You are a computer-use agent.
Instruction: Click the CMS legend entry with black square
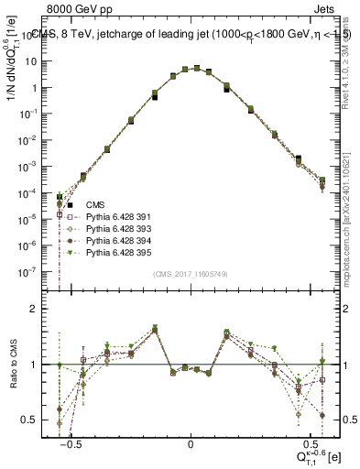[x=96, y=204]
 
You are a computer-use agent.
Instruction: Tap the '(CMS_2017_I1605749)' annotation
[x=191, y=274]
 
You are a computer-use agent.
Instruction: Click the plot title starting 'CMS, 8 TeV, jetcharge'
[x=192, y=37]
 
